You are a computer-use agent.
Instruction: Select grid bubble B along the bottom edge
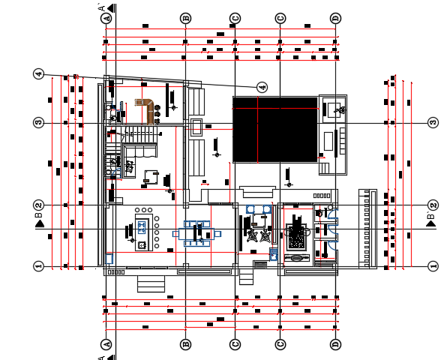click(185, 344)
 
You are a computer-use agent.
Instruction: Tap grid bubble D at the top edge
click(335, 17)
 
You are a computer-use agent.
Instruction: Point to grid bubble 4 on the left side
click(38, 73)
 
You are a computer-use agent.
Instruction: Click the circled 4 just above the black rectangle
click(262, 87)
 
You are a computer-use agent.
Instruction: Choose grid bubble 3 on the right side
click(433, 122)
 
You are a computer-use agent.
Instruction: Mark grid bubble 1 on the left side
click(38, 265)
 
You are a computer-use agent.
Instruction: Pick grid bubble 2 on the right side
click(433, 205)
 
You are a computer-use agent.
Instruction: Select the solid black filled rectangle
click(274, 129)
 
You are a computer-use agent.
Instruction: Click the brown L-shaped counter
click(147, 108)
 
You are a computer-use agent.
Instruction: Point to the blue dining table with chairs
click(197, 234)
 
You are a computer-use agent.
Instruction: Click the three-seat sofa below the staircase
click(140, 151)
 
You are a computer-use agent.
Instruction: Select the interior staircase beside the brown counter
click(139, 134)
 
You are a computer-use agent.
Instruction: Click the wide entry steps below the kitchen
click(151, 283)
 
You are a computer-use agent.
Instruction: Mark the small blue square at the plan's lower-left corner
click(110, 258)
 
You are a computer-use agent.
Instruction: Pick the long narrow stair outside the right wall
click(367, 228)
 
